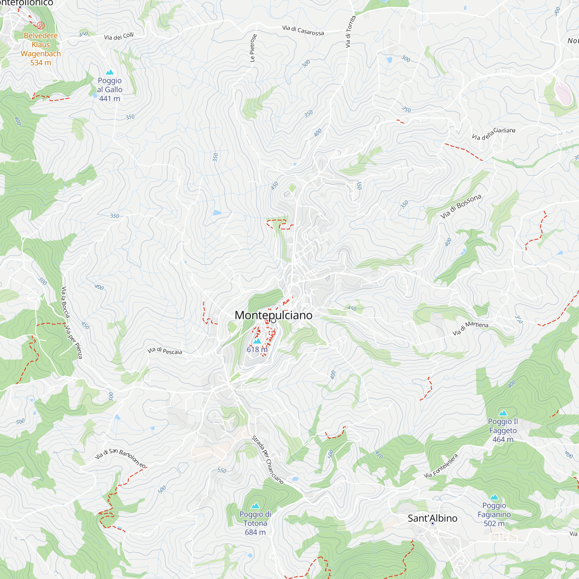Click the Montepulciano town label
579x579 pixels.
[x=273, y=315]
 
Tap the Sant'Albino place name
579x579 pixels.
[x=433, y=518]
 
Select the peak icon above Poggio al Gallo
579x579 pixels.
[x=110, y=72]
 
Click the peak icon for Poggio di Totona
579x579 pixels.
[x=255, y=506]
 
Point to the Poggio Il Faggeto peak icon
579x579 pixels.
[x=503, y=413]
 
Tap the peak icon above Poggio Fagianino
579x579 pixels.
[x=494, y=497]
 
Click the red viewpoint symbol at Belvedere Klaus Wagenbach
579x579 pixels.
[x=41, y=25]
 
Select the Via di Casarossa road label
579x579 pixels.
[x=303, y=30]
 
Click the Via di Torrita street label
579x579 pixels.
[x=350, y=32]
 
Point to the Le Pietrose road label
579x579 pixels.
[x=253, y=48]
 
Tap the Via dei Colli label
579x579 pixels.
[x=119, y=36]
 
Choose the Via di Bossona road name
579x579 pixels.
[x=461, y=206]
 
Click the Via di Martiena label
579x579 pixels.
[x=470, y=328]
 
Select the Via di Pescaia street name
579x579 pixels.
[x=164, y=351]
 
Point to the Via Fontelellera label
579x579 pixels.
[x=441, y=466]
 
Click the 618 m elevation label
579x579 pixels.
[x=257, y=349]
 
